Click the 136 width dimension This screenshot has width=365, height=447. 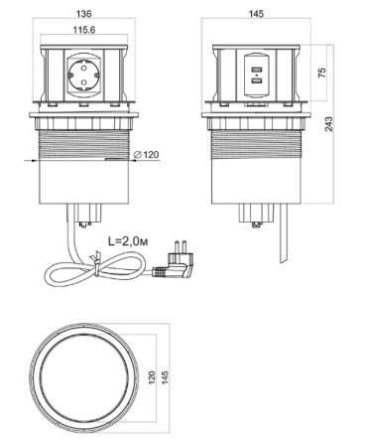(x=84, y=14)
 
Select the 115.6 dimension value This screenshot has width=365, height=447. (x=84, y=30)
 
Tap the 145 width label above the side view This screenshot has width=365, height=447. (x=256, y=14)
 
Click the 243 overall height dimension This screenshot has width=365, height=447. (x=329, y=124)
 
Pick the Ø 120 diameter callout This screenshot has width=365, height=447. (x=147, y=154)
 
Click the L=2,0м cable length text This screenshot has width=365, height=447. (x=128, y=241)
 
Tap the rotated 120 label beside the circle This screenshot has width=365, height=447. (x=152, y=377)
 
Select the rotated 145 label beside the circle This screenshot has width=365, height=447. (x=165, y=377)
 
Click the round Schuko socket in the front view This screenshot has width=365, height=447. (x=83, y=75)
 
